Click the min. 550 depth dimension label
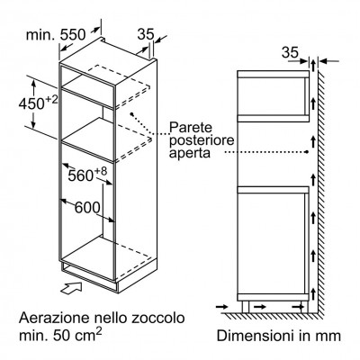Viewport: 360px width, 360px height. pos(56,35)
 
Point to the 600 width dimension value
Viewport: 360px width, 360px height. pos(87,207)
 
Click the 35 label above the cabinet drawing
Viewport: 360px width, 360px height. pos(146,34)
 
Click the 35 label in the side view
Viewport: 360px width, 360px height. pos(290,53)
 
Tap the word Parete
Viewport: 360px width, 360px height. pos(191,127)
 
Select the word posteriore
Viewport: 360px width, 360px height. pos(202,140)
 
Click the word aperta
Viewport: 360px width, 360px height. pos(190,153)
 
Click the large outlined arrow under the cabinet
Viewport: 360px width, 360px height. pos(71,288)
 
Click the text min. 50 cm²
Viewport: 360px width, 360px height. pos(60,335)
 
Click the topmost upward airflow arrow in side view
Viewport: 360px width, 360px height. pos(313,65)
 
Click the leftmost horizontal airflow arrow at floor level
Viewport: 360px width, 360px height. pos(222,307)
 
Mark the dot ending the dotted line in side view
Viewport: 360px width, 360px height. pos(307,152)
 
